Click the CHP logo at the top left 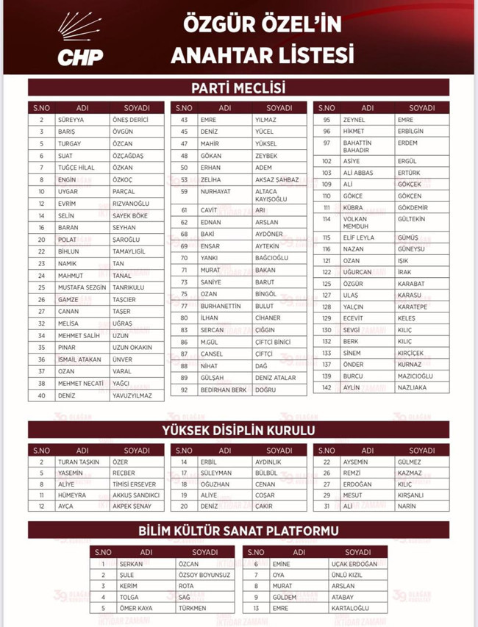coord(80,40)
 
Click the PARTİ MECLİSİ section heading coord(238,88)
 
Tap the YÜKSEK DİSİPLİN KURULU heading coord(238,430)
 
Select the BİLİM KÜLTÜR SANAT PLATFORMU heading coord(238,530)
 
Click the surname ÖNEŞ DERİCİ coord(130,120)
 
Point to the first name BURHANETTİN coord(221,306)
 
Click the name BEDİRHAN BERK coord(224,390)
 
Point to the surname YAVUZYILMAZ coord(132,395)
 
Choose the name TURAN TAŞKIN coord(78,462)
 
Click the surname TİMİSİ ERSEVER coord(135,484)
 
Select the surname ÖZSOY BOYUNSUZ coord(204,575)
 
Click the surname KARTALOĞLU coord(349,609)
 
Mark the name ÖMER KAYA coord(136,609)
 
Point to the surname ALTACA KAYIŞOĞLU coord(271,195)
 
